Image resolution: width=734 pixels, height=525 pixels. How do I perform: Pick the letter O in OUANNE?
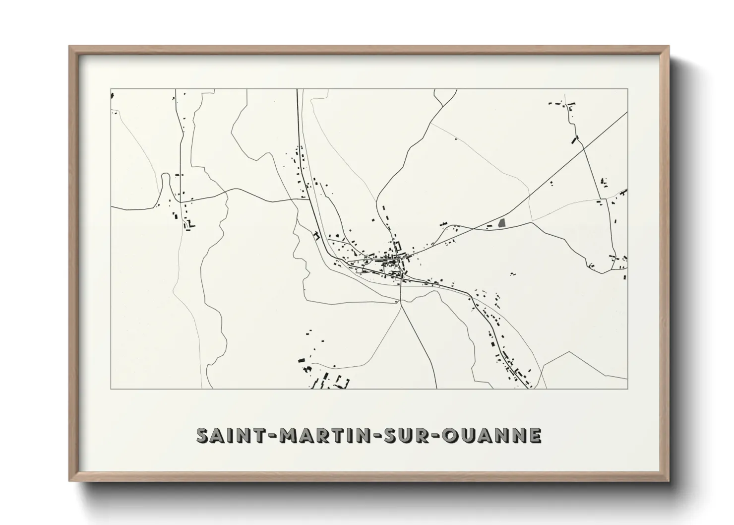(459, 435)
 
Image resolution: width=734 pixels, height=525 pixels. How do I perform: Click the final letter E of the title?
(535, 435)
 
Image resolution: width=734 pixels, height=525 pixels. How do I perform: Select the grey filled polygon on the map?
(502, 223)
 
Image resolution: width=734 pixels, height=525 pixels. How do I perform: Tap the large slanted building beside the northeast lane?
(575, 140)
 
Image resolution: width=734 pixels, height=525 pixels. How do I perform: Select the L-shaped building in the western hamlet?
(190, 224)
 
